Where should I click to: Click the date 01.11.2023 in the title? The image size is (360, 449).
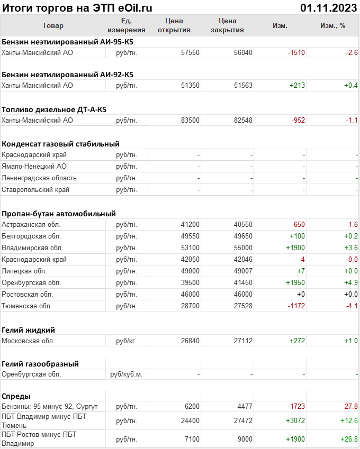click(328, 7)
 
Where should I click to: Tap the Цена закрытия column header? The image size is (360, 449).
click(227, 25)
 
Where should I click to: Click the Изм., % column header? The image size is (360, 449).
click(332, 25)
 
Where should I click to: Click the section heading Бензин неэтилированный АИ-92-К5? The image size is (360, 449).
click(67, 74)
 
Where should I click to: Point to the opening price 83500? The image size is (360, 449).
click(190, 120)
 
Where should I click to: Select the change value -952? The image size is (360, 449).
click(298, 120)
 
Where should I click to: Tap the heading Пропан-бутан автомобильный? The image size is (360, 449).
click(59, 214)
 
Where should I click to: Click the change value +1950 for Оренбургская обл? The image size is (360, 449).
click(295, 282)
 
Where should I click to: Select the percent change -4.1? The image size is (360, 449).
click(352, 306)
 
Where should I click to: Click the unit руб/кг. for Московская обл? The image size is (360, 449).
click(127, 341)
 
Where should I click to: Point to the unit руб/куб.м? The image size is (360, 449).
click(126, 374)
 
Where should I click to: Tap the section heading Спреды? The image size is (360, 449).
click(16, 396)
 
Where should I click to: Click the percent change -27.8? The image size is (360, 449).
click(349, 406)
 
